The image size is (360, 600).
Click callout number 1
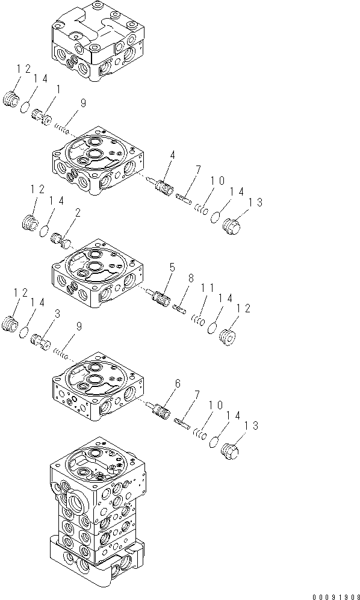(58, 90)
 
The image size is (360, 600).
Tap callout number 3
(57, 314)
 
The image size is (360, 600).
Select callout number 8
(191, 278)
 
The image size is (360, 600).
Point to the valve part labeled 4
(161, 185)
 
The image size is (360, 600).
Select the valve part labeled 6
(161, 410)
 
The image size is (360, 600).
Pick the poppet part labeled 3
(40, 340)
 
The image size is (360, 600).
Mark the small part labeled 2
(61, 239)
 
